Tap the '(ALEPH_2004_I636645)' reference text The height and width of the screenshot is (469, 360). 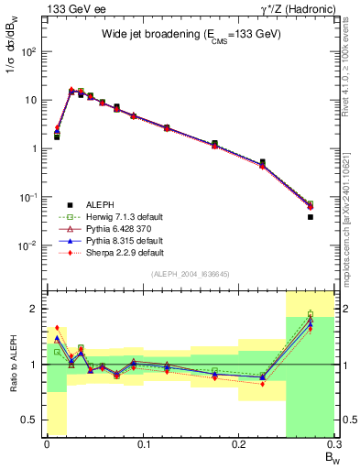[x=191, y=274]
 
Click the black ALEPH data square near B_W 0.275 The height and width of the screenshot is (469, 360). [x=310, y=217]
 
